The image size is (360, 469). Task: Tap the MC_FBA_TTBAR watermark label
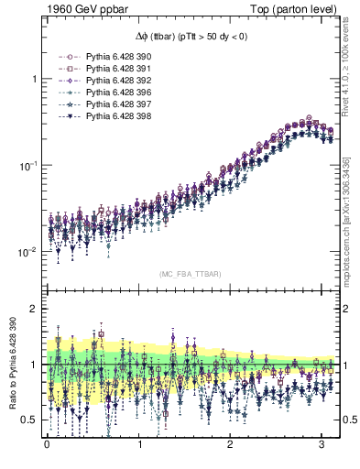(191, 274)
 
